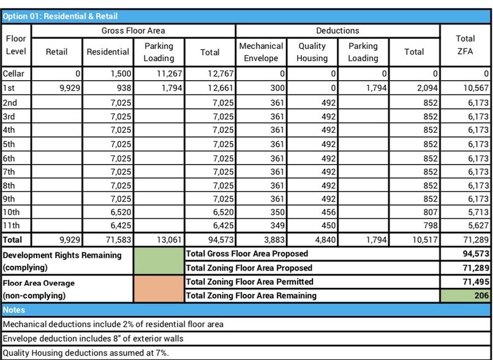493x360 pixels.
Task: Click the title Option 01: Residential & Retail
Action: (60, 17)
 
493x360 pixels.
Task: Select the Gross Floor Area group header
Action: (133, 31)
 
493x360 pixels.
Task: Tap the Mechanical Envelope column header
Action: (262, 52)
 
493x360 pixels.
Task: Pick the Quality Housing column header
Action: (312, 52)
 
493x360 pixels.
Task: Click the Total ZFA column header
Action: (465, 45)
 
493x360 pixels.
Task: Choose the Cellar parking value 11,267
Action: (160, 74)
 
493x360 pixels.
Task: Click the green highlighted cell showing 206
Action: (465, 296)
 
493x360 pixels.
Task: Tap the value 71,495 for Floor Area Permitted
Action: (465, 282)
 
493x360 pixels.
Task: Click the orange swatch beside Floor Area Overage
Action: (159, 289)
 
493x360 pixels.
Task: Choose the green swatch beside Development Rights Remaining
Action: (159, 261)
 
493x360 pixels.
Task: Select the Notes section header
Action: (14, 310)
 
